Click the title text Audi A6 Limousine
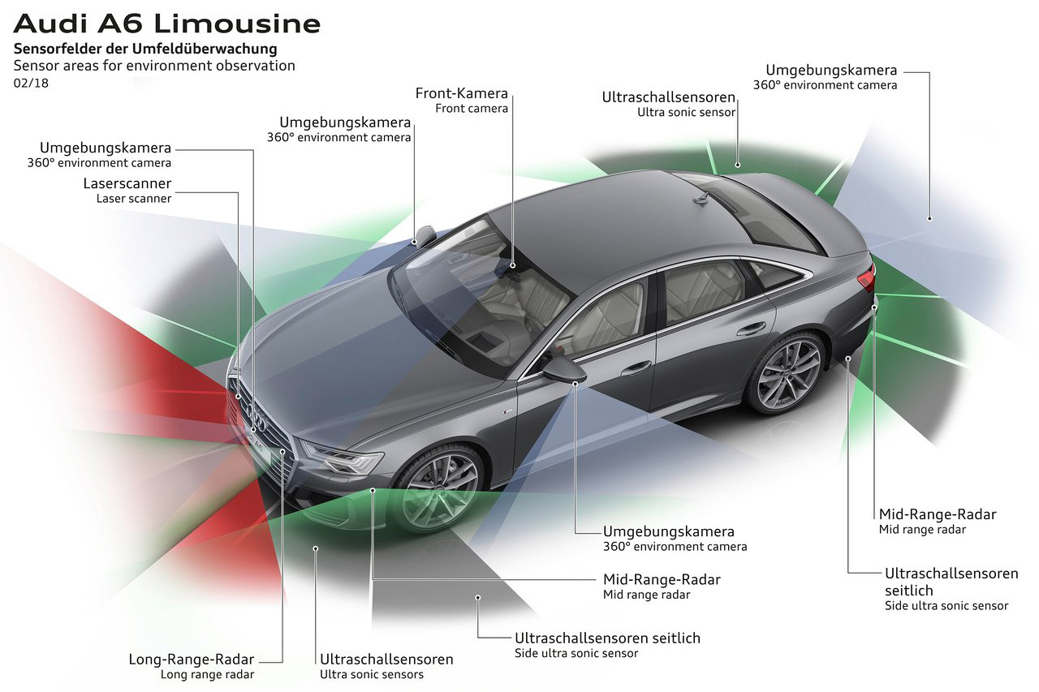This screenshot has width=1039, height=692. (x=167, y=24)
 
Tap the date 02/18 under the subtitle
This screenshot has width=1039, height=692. (x=31, y=84)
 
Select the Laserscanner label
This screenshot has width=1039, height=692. (x=127, y=183)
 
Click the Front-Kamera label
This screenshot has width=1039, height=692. (x=462, y=93)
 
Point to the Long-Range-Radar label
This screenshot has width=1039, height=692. (x=191, y=659)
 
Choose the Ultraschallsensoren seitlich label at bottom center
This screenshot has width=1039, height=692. (x=608, y=638)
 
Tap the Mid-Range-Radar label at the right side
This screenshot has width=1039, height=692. (x=938, y=514)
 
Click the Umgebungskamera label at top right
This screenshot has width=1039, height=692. (x=831, y=70)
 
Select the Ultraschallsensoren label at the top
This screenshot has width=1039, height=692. (x=669, y=97)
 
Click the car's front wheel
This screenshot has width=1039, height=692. (x=438, y=490)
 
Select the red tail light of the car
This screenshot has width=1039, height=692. (x=866, y=278)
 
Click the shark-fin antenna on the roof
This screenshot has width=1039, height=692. (x=701, y=199)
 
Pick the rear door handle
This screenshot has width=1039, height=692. (x=751, y=329)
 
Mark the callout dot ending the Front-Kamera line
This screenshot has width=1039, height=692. (x=512, y=265)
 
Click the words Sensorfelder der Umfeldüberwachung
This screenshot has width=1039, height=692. (x=145, y=49)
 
